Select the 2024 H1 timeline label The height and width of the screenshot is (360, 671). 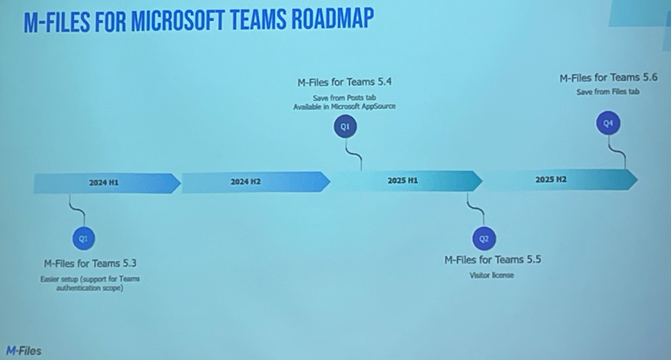click(x=104, y=183)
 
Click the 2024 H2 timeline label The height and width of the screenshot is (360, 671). click(x=246, y=181)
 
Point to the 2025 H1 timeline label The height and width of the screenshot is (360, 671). click(x=402, y=181)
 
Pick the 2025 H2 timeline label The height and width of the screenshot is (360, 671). click(x=551, y=179)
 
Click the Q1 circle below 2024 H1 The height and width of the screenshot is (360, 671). click(x=84, y=238)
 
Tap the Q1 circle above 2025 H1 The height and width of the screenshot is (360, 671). click(x=345, y=126)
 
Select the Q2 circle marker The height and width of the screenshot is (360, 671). click(x=484, y=239)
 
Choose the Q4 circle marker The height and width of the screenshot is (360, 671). click(x=608, y=123)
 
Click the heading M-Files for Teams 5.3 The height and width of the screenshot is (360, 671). click(x=90, y=263)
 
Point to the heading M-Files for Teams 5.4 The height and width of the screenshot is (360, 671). click(x=344, y=82)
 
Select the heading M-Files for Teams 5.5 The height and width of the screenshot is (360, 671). click(x=492, y=260)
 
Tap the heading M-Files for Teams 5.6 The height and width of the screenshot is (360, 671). click(x=608, y=78)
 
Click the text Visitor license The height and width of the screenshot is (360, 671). click(x=491, y=276)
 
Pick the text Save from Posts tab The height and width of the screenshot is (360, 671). click(x=344, y=98)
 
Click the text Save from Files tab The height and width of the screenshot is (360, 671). click(x=608, y=91)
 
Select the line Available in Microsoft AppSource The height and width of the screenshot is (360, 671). click(x=344, y=107)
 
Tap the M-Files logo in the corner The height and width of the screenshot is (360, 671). click(x=24, y=352)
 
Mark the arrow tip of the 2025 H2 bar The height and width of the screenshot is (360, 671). click(x=638, y=179)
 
